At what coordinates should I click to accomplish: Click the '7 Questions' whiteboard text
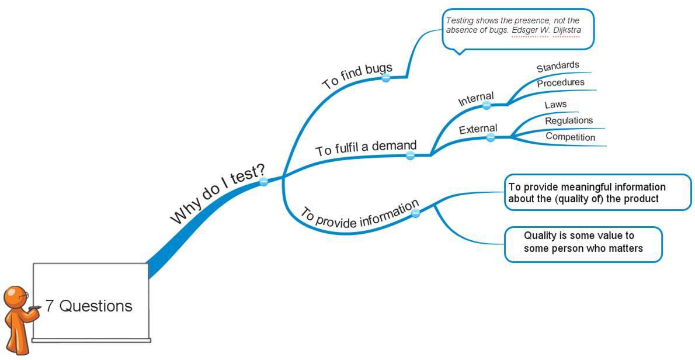(89, 306)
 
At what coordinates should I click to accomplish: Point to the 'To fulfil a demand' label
(366, 148)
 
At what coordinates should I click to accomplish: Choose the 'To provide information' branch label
(359, 214)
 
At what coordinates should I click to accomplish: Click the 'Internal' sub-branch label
(476, 99)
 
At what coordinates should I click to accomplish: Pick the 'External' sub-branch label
(478, 129)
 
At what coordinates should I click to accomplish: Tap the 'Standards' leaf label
(558, 67)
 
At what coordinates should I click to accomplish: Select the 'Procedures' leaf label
(561, 83)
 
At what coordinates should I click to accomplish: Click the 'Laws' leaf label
(555, 105)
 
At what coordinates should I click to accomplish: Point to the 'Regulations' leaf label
(569, 121)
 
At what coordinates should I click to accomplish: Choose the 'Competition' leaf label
(570, 137)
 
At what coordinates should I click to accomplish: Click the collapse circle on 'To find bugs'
(385, 78)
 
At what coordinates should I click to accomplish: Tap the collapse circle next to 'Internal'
(487, 106)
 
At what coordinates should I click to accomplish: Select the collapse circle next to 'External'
(491, 137)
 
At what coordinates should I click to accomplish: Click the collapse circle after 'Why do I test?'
(263, 182)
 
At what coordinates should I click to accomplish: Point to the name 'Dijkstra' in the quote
(567, 30)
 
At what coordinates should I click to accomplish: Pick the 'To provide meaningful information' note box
(597, 192)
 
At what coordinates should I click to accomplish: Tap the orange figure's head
(16, 297)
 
